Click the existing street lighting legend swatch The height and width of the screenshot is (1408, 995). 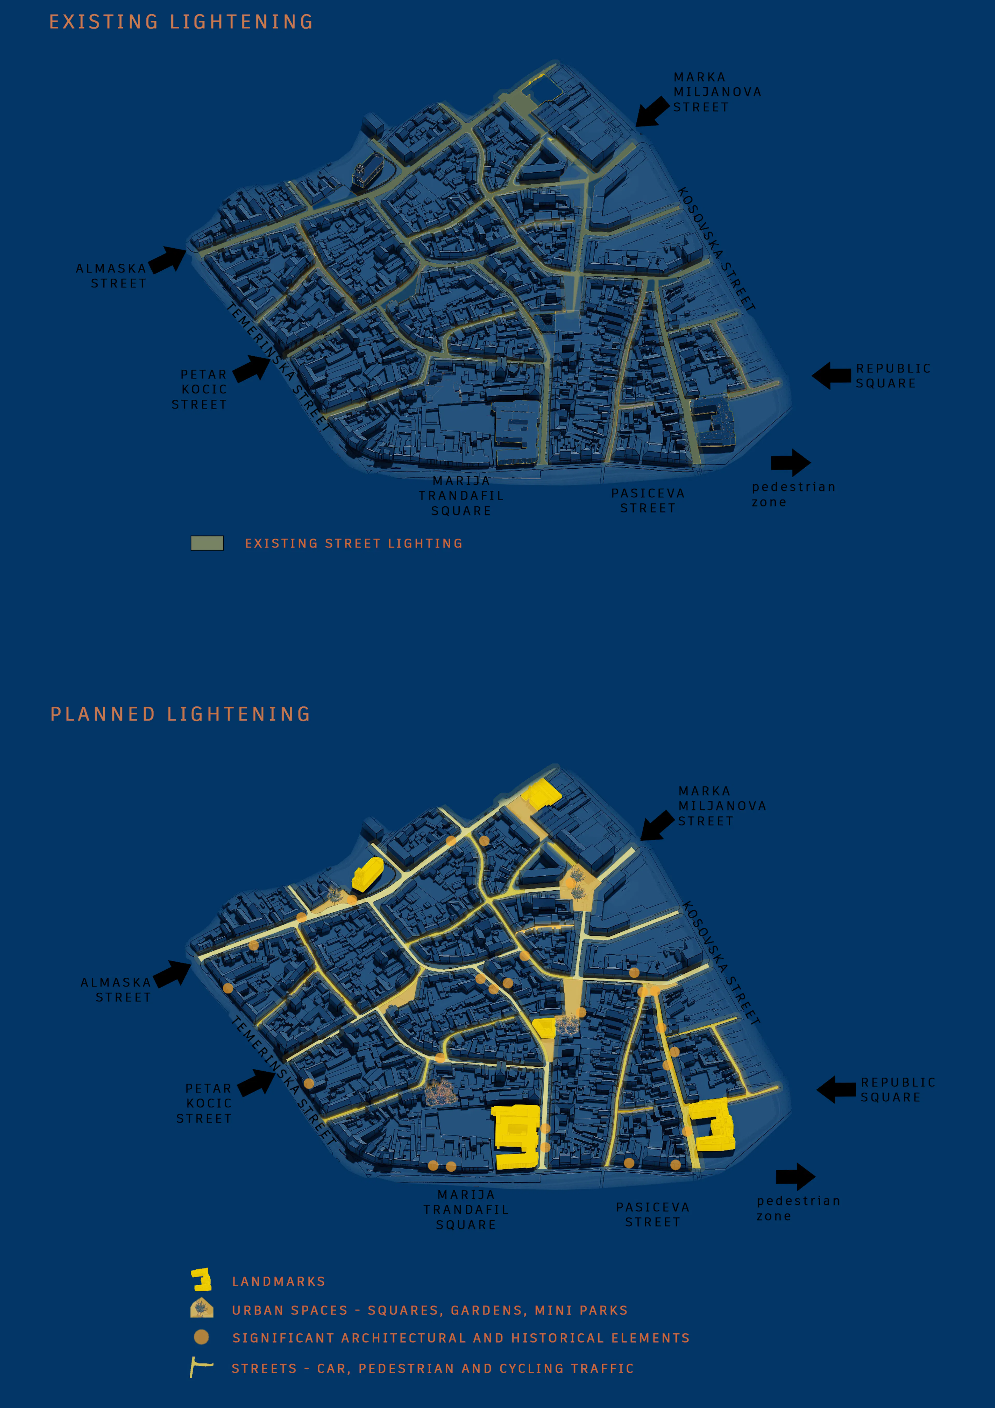(207, 543)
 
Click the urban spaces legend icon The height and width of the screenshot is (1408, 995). (202, 1309)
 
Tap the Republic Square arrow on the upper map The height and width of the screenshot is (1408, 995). (831, 375)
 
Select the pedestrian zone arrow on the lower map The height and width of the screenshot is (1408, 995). (795, 1176)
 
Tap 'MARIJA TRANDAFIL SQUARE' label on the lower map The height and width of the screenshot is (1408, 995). (466, 1209)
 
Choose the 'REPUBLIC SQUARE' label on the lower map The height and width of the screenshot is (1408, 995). (898, 1090)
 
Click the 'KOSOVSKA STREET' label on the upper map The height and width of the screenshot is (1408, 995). (716, 248)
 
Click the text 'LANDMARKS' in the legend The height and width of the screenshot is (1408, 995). (278, 1281)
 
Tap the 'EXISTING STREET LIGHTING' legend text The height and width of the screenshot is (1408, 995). (354, 543)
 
